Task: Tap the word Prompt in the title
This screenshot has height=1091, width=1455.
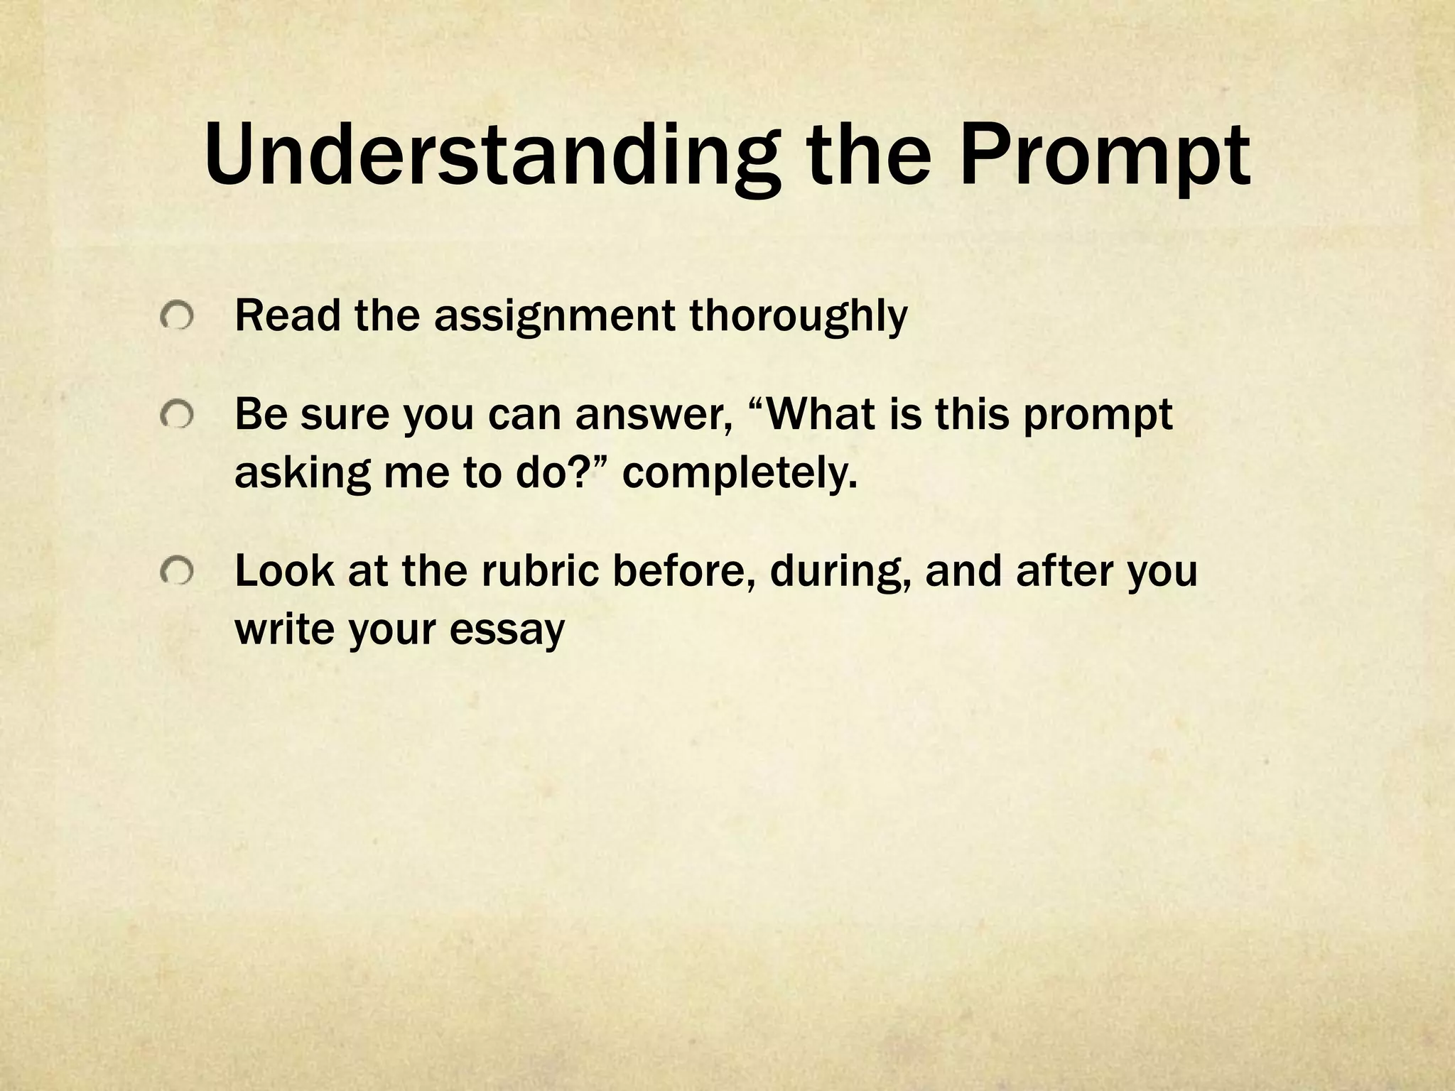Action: (x=1105, y=155)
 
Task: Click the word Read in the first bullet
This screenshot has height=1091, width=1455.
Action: (x=288, y=315)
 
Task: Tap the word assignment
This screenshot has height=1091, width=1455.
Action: (x=554, y=315)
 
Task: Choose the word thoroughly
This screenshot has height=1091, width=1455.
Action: (x=798, y=315)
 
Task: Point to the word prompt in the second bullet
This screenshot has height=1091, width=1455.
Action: (x=1097, y=414)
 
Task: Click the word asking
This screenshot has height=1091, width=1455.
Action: (x=303, y=473)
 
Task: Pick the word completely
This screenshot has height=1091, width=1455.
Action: (x=740, y=473)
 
